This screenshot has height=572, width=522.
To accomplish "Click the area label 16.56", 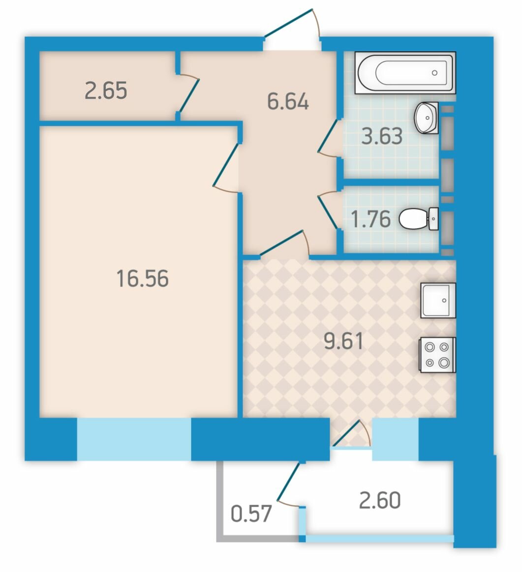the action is tap(143, 278).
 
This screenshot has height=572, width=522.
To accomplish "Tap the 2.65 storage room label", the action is tap(106, 90).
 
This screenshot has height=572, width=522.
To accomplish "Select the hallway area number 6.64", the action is tap(288, 101).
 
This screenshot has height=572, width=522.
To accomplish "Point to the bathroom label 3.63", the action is tap(382, 136).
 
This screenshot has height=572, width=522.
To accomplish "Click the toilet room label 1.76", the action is tap(371, 219).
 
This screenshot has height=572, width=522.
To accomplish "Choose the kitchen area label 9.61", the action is tap(344, 341).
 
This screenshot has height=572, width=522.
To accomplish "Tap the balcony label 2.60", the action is tap(380, 500).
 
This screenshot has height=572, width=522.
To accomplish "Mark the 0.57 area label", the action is tap(251, 514).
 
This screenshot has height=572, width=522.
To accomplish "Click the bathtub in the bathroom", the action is tap(405, 73).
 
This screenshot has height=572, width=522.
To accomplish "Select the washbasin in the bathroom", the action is tap(427, 118).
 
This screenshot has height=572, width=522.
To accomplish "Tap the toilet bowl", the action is tap(419, 219).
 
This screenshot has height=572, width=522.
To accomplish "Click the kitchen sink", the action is tap(438, 300).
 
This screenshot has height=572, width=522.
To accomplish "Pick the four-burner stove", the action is tap(438, 355).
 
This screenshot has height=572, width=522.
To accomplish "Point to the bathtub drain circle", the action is tap(434, 73).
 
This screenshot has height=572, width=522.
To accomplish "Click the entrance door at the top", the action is tap(292, 24).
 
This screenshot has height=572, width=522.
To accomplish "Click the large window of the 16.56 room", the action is tap(134, 439).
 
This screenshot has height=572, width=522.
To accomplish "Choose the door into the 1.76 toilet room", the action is tap(328, 210).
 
